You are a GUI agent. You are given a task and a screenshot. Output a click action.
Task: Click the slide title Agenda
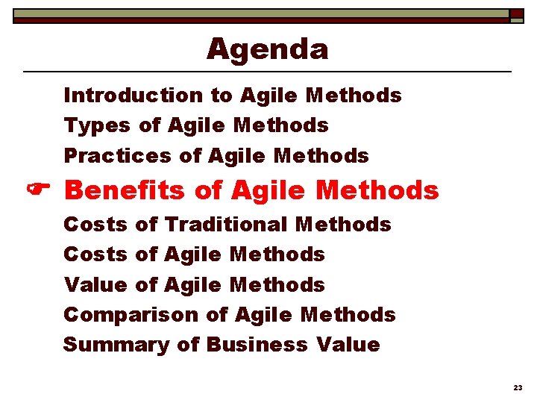(267, 49)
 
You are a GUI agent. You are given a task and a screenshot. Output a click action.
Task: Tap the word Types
(96, 126)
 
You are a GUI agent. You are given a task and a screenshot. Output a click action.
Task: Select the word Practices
(117, 156)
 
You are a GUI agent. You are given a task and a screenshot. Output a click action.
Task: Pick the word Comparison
(131, 315)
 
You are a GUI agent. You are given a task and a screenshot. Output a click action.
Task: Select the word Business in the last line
(257, 345)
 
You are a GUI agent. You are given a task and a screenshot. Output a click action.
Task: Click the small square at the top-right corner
(517, 14)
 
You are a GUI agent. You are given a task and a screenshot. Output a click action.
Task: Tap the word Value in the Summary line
(348, 345)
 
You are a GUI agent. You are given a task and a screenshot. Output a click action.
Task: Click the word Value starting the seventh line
(95, 284)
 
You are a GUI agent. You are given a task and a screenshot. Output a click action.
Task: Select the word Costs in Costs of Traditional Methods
(95, 224)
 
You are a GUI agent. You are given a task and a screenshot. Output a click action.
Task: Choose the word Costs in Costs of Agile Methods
(95, 254)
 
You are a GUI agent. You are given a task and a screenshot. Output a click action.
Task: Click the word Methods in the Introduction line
(354, 96)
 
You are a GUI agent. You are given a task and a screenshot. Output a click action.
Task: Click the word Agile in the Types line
(197, 126)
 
